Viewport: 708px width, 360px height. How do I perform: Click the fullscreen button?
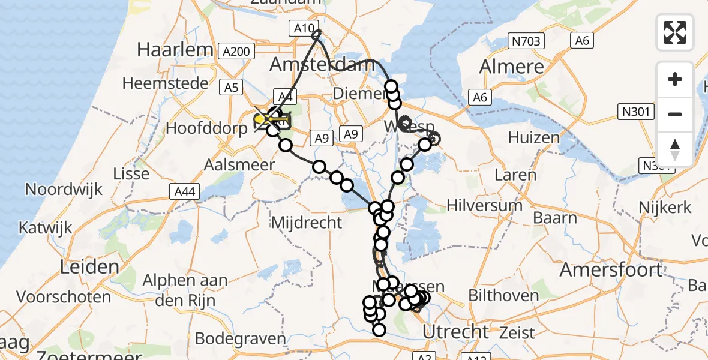[x=675, y=32]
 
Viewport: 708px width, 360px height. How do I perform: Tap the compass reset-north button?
[x=675, y=149]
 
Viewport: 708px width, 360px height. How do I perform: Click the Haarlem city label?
[x=175, y=50]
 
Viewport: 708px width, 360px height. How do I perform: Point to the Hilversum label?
[x=485, y=206]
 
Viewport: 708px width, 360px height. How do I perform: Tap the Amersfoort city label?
[x=611, y=270]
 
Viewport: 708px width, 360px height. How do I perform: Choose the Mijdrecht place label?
[x=306, y=223]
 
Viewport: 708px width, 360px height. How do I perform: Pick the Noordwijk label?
[x=63, y=190]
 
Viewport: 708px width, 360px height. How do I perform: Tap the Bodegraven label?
[x=240, y=338]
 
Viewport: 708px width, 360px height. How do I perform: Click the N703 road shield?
[x=526, y=41]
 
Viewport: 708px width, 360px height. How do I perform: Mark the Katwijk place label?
[x=46, y=228]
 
